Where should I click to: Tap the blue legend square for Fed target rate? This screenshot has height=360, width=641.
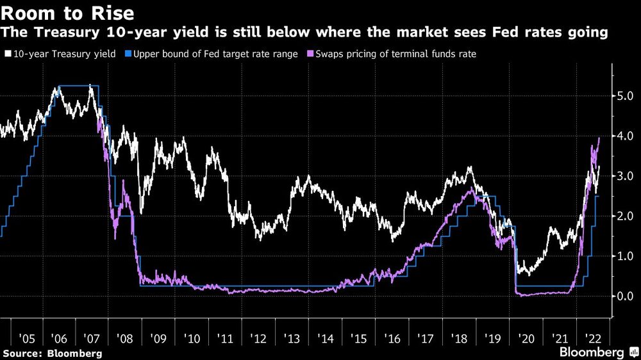tap(128, 54)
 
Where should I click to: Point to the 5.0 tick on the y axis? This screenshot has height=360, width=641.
tap(626, 96)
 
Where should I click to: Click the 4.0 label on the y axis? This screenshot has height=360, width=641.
tap(626, 136)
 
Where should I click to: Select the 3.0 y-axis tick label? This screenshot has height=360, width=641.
tap(626, 176)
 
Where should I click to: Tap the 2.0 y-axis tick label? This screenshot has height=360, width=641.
tap(626, 217)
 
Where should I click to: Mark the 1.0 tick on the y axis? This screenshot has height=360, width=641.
tap(626, 256)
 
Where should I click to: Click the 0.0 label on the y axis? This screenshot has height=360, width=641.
tap(626, 297)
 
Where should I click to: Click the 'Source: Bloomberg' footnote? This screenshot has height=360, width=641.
tap(52, 353)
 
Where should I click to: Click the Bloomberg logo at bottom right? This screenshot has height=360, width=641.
tap(592, 353)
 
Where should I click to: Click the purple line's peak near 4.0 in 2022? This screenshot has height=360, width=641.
tap(599, 138)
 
